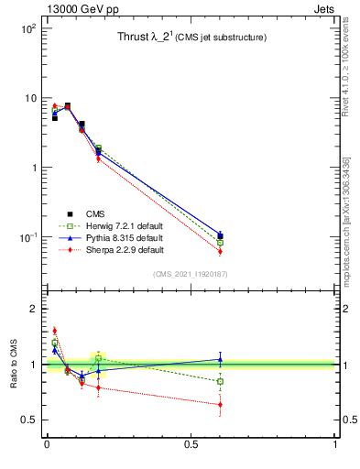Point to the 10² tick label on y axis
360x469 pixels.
27,28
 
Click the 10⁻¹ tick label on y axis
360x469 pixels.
27,237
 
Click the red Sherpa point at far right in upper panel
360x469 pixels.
220,251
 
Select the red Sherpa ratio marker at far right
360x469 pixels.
220,404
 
